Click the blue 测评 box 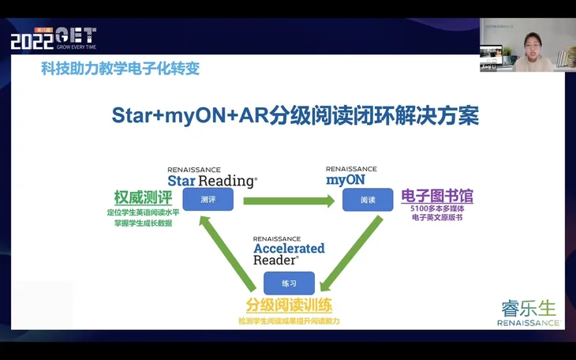coord(208,200)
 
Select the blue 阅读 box coord(367,200)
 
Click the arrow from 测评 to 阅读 coord(288,201)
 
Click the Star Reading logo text coord(211,178)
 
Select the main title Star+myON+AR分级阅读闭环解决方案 coord(295,115)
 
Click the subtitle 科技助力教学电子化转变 coord(120,69)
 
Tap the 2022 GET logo coord(53,37)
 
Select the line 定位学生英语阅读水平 coord(142,212)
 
